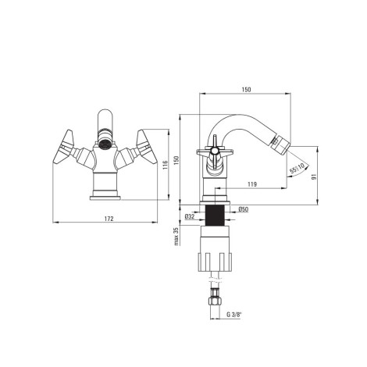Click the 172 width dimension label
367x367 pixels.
click(x=109, y=219)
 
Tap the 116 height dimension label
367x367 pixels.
click(x=165, y=165)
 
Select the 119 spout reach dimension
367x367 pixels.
click(x=252, y=184)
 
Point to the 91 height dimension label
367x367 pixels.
click(x=314, y=176)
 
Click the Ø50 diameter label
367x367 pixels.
click(x=244, y=209)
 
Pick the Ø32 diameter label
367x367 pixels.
click(x=190, y=216)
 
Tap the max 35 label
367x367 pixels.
click(x=176, y=237)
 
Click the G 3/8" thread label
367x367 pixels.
click(x=234, y=315)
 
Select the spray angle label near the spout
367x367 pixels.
click(x=297, y=169)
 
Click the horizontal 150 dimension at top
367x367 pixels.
click(x=246, y=90)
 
